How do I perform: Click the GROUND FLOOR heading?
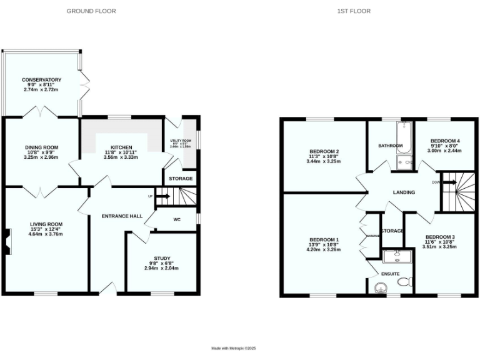91,11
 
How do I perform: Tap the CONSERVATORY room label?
41,80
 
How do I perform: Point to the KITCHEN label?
117,147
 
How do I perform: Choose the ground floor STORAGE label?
181,179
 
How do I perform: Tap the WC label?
176,219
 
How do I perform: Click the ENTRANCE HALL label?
122,216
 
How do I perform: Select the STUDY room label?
162,258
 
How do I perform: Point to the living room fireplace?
6,242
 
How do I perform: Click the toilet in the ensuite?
404,282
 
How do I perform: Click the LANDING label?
404,192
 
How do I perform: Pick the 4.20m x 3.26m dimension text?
324,249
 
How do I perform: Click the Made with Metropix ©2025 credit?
234,348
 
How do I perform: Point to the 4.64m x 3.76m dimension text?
46,234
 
